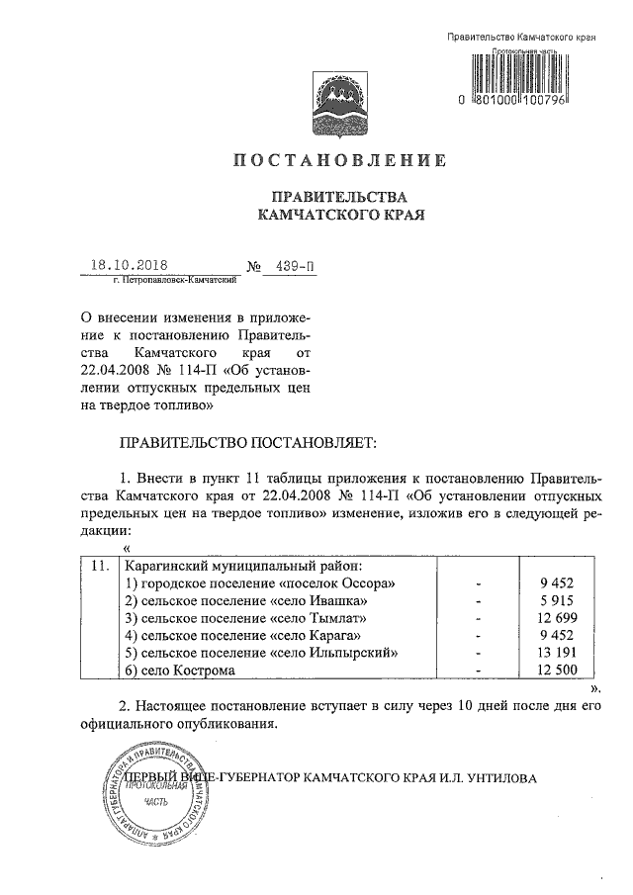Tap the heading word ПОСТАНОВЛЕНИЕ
pos(340,160)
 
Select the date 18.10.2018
pos(129,265)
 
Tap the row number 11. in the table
pos(98,567)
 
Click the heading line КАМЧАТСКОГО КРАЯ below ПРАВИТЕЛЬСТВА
pos(340,213)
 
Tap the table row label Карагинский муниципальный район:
pos(242,567)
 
